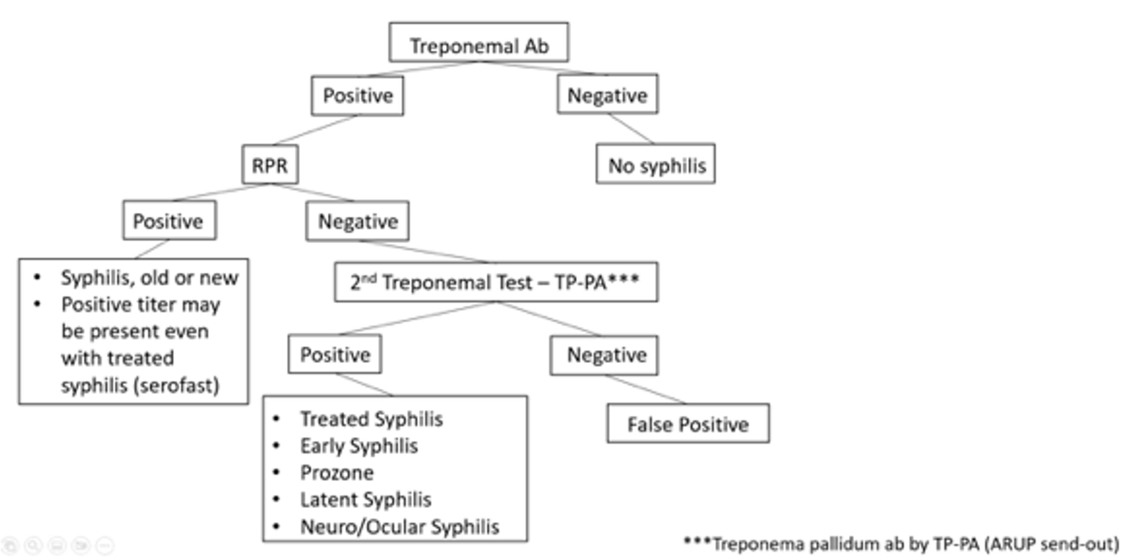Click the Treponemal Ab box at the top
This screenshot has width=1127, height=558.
tap(479, 42)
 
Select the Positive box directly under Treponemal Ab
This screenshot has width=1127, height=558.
tap(357, 96)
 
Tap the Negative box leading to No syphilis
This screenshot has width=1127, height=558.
tap(607, 94)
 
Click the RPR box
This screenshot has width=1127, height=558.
tap(270, 165)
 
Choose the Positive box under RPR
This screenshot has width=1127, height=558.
tap(169, 220)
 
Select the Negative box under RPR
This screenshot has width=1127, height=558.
tap(357, 221)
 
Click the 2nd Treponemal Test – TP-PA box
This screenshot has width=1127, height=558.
tap(496, 282)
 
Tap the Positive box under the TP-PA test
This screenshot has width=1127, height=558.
tap(335, 354)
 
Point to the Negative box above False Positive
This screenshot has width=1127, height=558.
tap(604, 355)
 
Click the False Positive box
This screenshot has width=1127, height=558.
tap(688, 424)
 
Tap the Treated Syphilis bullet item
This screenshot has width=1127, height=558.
tap(372, 419)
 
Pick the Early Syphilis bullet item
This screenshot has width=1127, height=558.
tap(359, 446)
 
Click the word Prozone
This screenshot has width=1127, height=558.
tap(337, 473)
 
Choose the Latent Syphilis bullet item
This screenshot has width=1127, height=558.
tap(366, 499)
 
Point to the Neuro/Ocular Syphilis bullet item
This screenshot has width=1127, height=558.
tap(399, 527)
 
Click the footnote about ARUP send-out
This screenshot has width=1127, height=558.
tap(901, 544)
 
